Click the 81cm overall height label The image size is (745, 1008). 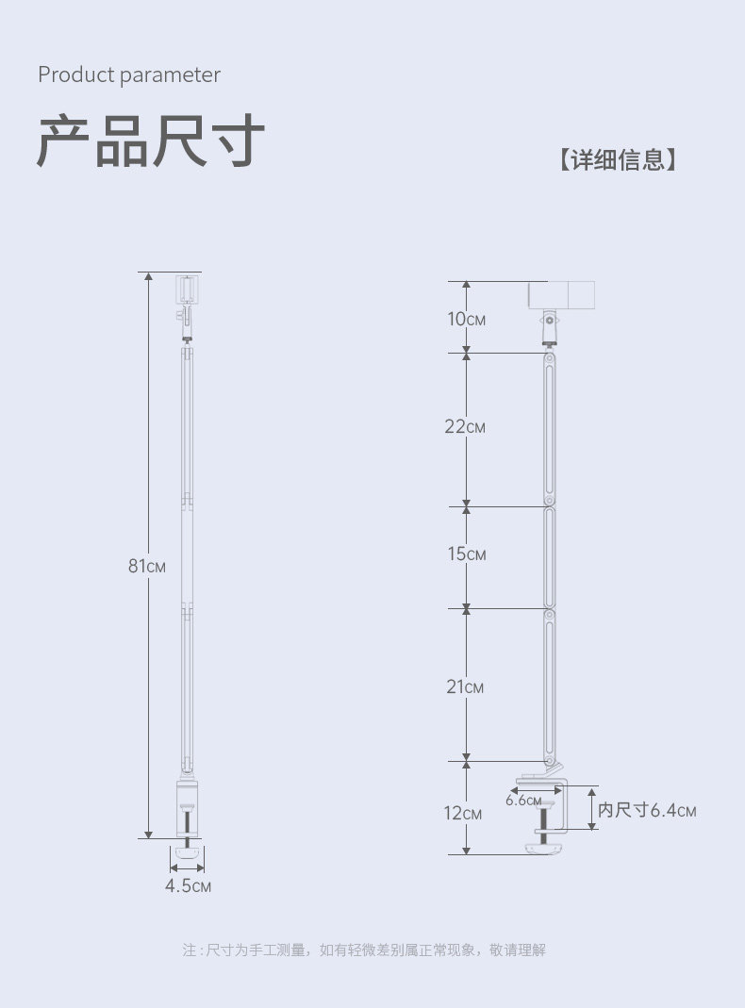[147, 566]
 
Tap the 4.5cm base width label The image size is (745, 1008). [188, 886]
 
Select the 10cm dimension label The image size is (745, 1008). [466, 319]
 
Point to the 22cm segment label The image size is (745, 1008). [465, 427]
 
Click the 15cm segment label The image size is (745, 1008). [466, 554]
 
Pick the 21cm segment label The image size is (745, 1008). [465, 687]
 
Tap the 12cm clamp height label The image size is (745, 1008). [464, 813]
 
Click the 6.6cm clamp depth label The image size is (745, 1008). [523, 801]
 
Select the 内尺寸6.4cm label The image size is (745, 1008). [647, 810]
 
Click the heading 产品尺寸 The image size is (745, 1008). [151, 142]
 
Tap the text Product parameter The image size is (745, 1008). [129, 75]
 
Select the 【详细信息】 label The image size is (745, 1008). [617, 159]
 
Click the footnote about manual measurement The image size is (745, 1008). [364, 950]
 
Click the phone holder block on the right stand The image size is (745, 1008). [561, 295]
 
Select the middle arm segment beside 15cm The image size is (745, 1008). [549, 556]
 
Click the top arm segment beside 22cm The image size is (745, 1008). [549, 429]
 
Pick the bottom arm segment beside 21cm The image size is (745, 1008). [549, 684]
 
